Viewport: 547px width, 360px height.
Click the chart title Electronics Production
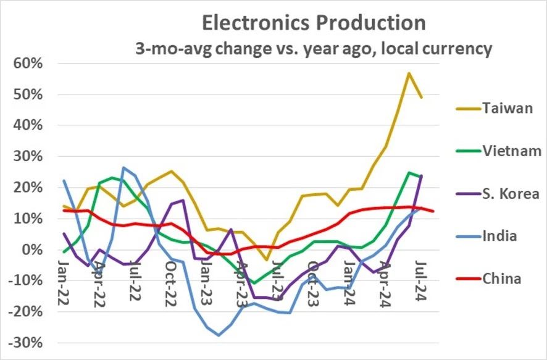(314, 23)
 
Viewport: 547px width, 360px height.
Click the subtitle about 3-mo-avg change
(314, 49)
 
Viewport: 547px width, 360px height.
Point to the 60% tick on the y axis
(25, 64)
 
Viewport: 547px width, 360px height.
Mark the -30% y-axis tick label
(23, 343)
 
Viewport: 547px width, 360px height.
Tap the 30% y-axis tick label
(25, 156)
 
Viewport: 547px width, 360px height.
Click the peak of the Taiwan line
(409, 73)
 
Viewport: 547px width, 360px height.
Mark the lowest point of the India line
(219, 335)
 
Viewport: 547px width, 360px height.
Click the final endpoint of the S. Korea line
(421, 176)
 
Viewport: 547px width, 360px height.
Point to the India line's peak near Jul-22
(123, 167)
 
